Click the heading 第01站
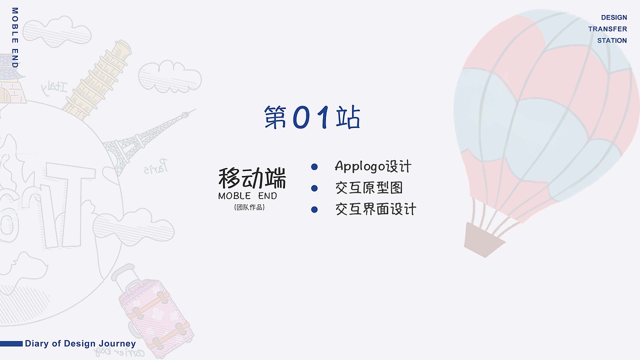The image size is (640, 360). pyautogui.click(x=312, y=118)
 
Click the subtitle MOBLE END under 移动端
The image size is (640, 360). pyautogui.click(x=247, y=196)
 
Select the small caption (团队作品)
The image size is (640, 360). pyautogui.click(x=249, y=207)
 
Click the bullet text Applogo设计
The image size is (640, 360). pyautogui.click(x=373, y=166)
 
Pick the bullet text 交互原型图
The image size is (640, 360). pyautogui.click(x=369, y=188)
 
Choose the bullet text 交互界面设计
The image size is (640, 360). pyautogui.click(x=375, y=209)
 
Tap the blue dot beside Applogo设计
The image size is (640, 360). pyautogui.click(x=314, y=166)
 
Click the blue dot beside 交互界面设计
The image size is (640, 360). pyautogui.click(x=314, y=209)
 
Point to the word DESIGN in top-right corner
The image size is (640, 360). pyautogui.click(x=613, y=17)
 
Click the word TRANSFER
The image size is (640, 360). pyautogui.click(x=607, y=29)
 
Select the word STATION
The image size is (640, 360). pyautogui.click(x=611, y=40)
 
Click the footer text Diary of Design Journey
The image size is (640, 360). pyautogui.click(x=80, y=343)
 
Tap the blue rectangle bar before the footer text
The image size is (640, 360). pyautogui.click(x=11, y=343)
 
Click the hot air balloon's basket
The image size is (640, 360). pyautogui.click(x=483, y=239)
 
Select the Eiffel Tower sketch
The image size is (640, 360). pyautogui.click(x=145, y=140)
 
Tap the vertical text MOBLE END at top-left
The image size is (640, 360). pyautogui.click(x=14, y=37)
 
